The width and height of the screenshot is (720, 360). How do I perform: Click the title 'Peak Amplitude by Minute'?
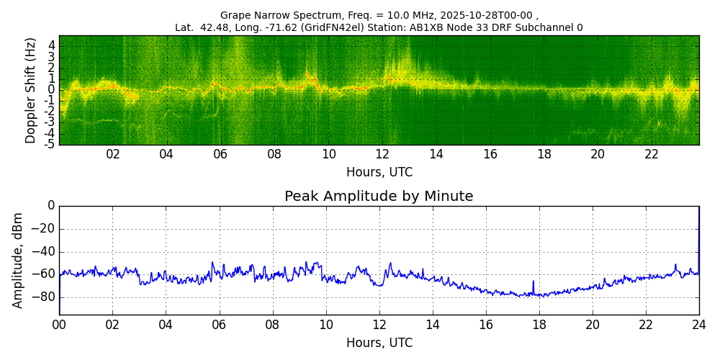pos(379,197)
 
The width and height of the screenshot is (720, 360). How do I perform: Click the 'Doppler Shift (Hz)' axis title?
pos(30,91)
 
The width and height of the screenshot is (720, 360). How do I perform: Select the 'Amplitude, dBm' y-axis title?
pos(18,260)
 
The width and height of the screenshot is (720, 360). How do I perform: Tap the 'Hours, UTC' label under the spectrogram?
pos(379,173)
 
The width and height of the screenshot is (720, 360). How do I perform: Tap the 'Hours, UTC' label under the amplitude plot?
pos(379,343)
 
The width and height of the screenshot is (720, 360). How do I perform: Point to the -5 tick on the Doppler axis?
pos(50,144)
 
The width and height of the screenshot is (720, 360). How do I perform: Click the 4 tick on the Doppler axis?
pos(53,45)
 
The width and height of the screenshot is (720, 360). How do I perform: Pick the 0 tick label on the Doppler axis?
pos(53,90)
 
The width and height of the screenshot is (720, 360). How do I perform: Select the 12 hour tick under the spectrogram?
pos(382,154)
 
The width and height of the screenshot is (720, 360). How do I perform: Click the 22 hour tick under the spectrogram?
pos(652,154)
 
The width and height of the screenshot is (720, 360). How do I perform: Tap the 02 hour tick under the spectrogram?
pos(113,154)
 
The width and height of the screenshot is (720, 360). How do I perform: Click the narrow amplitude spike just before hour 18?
pos(534,285)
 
